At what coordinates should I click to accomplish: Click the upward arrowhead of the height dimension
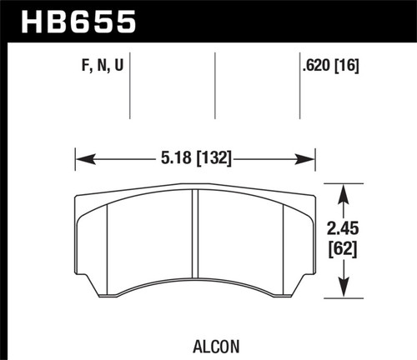click(342, 188)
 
